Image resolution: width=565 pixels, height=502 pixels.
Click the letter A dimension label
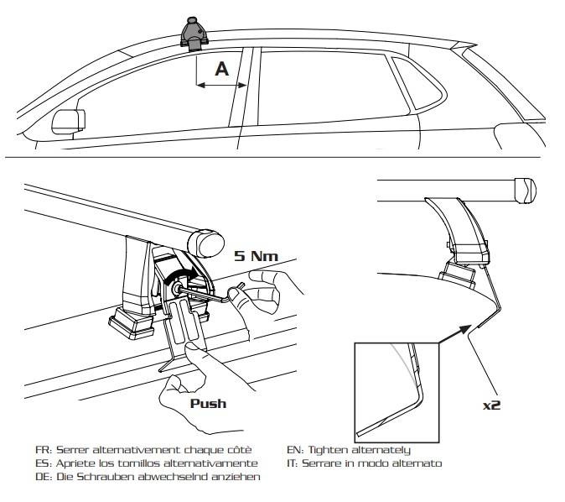(x=222, y=69)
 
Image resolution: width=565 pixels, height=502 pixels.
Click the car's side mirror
(x=64, y=121)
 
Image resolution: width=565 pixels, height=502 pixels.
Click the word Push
(x=208, y=403)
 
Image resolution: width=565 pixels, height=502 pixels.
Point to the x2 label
(x=493, y=405)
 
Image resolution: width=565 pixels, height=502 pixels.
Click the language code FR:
(x=42, y=450)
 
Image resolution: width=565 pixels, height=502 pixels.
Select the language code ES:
(x=42, y=463)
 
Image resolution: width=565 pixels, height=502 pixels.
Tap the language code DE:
(x=42, y=476)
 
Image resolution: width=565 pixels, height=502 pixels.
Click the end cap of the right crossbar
(x=524, y=190)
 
